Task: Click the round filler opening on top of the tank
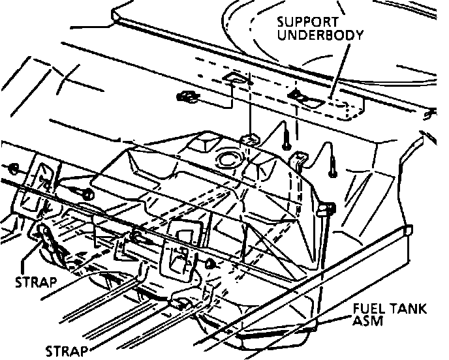tap(229, 158)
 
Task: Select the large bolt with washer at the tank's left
tap(87, 194)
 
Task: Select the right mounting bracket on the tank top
tap(300, 159)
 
